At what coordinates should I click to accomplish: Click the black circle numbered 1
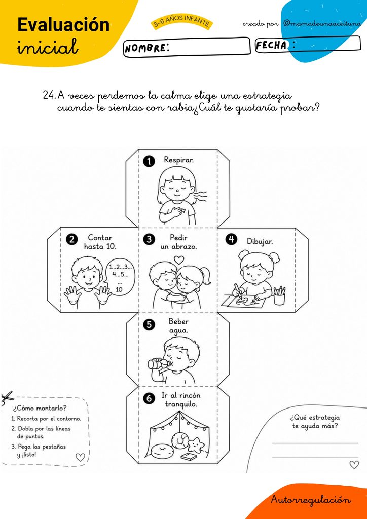pyautogui.click(x=149, y=161)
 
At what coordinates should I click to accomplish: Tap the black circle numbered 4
pyautogui.click(x=231, y=239)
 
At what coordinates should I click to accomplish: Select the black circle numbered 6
pyautogui.click(x=149, y=399)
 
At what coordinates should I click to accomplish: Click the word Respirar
pyautogui.click(x=179, y=160)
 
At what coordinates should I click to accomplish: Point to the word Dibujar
pyautogui.click(x=260, y=241)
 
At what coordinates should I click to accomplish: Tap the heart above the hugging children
pyautogui.click(x=179, y=259)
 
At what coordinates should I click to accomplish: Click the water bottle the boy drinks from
pyautogui.click(x=159, y=363)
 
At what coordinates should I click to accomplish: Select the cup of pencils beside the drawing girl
pyautogui.click(x=279, y=295)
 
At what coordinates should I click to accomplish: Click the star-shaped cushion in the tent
pyautogui.click(x=195, y=446)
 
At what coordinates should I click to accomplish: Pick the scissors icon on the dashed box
pyautogui.click(x=7, y=398)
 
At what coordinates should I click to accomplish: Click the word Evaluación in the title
pyautogui.click(x=63, y=25)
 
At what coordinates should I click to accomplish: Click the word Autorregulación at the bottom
pyautogui.click(x=311, y=499)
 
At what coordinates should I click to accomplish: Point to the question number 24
pyautogui.click(x=49, y=96)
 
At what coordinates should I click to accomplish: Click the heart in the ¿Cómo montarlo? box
pyautogui.click(x=80, y=458)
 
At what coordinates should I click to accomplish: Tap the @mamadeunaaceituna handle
pyautogui.click(x=321, y=24)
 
